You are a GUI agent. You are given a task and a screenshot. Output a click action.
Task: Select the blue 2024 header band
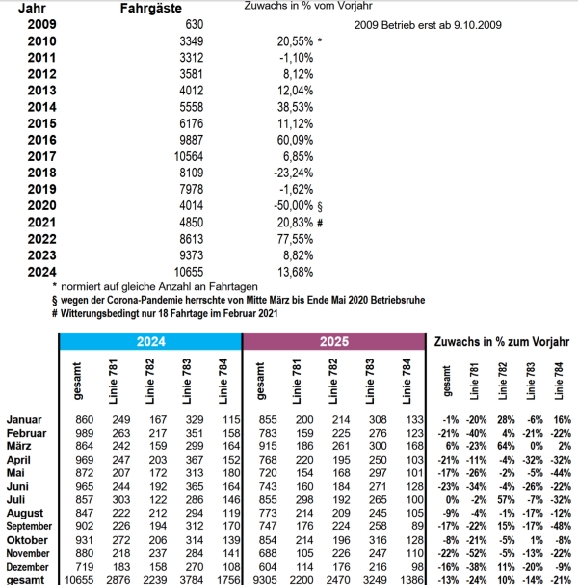pyautogui.click(x=149, y=342)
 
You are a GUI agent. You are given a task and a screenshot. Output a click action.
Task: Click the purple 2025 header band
pyautogui.click(x=332, y=342)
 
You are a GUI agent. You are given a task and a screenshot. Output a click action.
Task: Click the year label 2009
pyautogui.click(x=41, y=23)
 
